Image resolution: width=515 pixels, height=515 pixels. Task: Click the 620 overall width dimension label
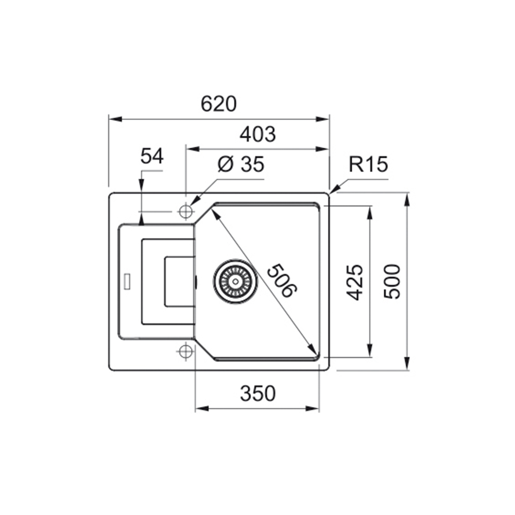pyautogui.click(x=218, y=104)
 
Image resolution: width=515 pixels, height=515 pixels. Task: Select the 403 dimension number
pyautogui.click(x=257, y=134)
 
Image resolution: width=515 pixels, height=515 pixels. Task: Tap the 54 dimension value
pyautogui.click(x=152, y=156)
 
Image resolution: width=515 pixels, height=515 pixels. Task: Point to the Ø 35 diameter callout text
pyautogui.click(x=241, y=164)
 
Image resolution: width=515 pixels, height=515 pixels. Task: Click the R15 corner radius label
pyautogui.click(x=368, y=164)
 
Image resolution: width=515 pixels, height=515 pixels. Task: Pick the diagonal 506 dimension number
pyautogui.click(x=282, y=280)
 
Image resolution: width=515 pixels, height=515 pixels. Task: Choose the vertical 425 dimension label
pyautogui.click(x=355, y=282)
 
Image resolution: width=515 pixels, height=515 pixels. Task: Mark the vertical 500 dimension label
pyautogui.click(x=392, y=282)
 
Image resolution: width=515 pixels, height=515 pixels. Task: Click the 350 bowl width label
pyautogui.click(x=258, y=393)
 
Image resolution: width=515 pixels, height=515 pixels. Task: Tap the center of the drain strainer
pyautogui.click(x=235, y=281)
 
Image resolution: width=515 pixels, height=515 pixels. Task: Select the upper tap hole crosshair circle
pyautogui.click(x=186, y=211)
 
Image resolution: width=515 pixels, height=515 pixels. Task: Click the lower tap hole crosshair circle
pyautogui.click(x=186, y=352)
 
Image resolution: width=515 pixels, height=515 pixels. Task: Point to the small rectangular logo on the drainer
pyautogui.click(x=127, y=281)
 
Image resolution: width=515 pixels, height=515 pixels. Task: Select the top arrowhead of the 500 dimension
pyautogui.click(x=407, y=200)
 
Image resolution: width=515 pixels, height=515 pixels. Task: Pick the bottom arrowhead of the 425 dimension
pyautogui.click(x=370, y=350)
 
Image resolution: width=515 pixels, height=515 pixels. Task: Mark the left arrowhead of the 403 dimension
pyautogui.click(x=193, y=149)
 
